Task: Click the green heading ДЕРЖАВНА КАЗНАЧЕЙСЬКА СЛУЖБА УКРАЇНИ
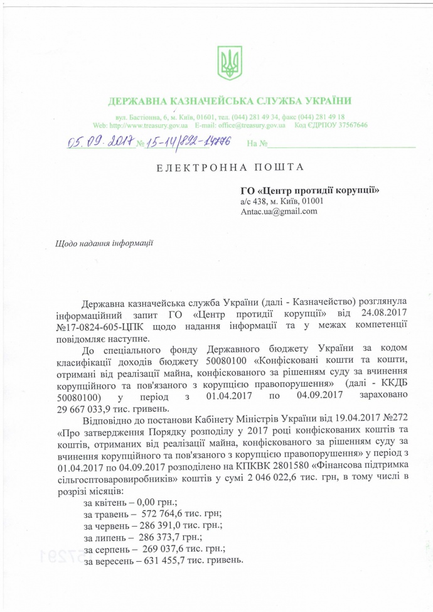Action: coord(230,101)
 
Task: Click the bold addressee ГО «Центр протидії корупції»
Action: coord(311,190)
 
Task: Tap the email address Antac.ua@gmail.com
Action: coord(279,212)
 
